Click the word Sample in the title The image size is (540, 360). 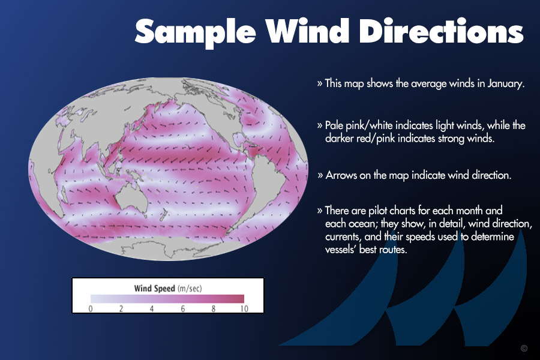point(195,32)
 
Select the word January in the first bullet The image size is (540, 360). point(506,84)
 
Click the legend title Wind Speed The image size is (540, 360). point(155,289)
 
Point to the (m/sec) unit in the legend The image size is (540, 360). point(190,289)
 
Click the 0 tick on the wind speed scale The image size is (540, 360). point(91,308)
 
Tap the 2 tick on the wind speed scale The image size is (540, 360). point(121,308)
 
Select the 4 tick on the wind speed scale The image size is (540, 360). point(152,308)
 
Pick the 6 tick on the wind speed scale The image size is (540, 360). point(183,308)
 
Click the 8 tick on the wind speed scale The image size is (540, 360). point(214,308)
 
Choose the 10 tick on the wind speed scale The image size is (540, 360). point(244,308)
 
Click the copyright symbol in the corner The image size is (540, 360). point(524,348)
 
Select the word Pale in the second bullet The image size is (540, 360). point(334,125)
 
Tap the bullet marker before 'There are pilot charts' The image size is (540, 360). point(320,211)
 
